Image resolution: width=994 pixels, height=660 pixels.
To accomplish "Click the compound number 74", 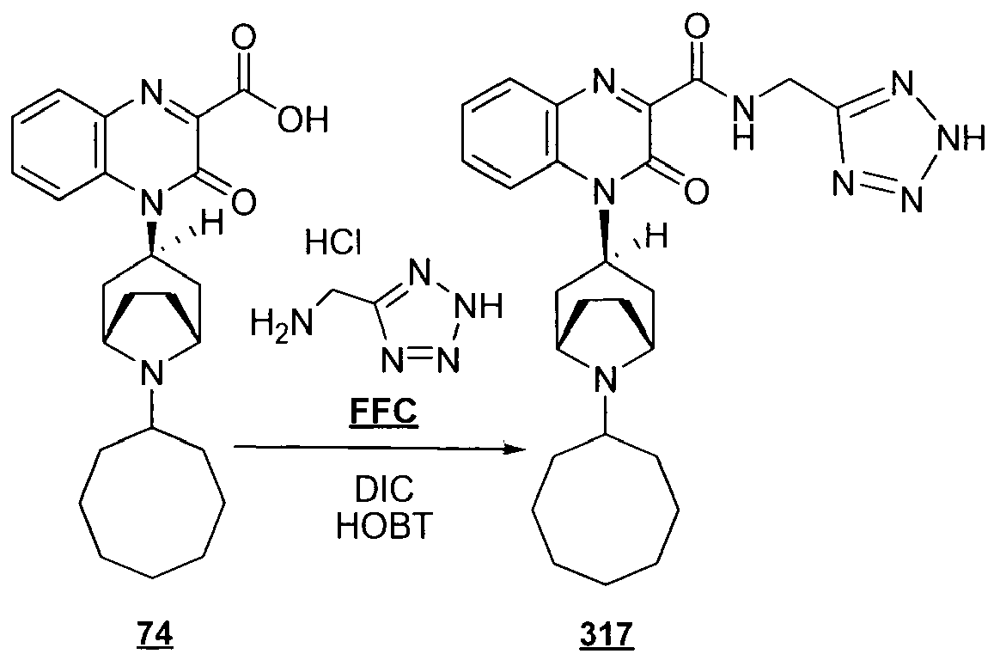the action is [155, 633].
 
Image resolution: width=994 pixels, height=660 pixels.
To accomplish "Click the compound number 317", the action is [606, 633].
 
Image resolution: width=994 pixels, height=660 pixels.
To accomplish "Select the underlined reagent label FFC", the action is [383, 412].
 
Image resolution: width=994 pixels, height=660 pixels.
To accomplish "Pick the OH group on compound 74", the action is [303, 119].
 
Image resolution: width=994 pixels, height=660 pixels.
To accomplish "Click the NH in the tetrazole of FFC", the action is [480, 306].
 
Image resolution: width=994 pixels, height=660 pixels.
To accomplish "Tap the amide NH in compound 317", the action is [744, 120].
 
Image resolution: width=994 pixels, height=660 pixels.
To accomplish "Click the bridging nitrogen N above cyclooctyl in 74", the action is [151, 370].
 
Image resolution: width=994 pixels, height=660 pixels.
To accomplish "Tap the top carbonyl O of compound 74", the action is [243, 39].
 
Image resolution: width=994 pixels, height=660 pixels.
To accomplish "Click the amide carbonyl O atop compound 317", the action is [696, 29].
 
